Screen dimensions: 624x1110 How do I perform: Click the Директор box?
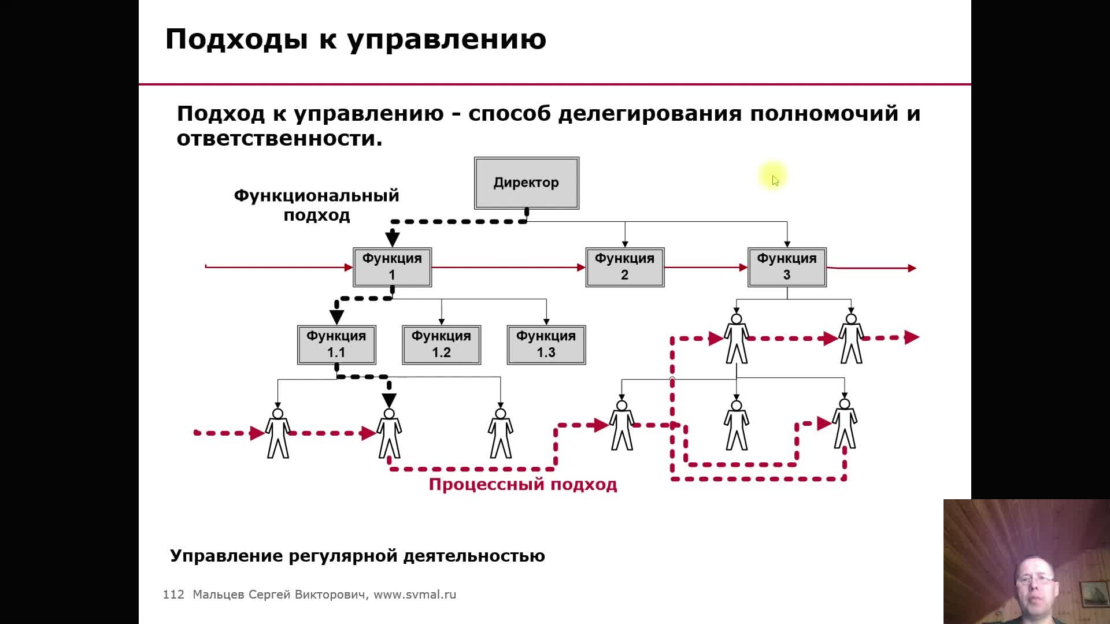point(526,183)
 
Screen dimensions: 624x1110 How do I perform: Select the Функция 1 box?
point(392,267)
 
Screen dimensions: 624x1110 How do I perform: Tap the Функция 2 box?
point(624,267)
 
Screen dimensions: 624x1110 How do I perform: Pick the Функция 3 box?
point(787,267)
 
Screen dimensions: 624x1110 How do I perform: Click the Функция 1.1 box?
point(336,344)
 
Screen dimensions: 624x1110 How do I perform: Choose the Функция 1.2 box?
point(441,344)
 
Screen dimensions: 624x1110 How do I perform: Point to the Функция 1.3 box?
point(546,344)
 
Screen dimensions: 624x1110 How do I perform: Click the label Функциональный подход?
point(316,205)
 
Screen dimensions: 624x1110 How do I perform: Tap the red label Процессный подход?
point(523,484)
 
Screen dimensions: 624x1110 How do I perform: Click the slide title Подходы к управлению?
point(356,39)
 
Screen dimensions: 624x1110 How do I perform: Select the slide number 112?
point(173,595)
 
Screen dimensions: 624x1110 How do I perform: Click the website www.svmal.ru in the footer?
point(415,595)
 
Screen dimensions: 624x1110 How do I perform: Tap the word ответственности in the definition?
point(279,139)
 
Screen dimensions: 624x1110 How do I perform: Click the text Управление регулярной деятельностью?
point(357,556)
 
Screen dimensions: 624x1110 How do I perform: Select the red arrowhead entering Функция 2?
point(581,268)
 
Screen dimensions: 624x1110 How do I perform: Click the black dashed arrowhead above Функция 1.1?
point(336,317)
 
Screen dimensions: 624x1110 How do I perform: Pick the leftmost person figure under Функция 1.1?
point(278,433)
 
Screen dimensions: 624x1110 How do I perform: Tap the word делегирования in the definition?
point(650,114)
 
